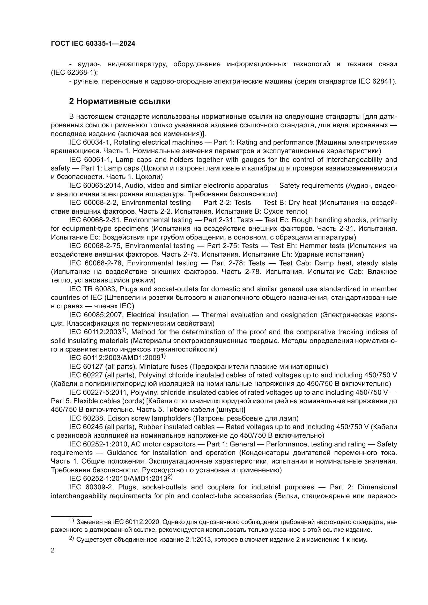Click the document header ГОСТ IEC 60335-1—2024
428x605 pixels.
coord(93,44)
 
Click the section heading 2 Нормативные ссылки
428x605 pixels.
coord(120,101)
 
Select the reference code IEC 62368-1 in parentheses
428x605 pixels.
coord(73,72)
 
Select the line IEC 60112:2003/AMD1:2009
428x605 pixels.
coord(117,358)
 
